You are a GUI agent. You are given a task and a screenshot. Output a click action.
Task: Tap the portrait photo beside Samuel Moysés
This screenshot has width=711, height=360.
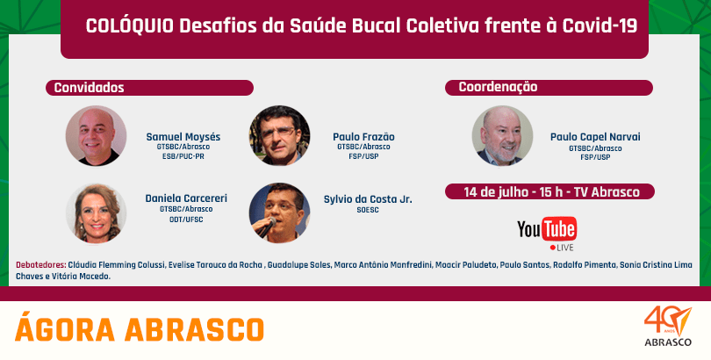(97, 136)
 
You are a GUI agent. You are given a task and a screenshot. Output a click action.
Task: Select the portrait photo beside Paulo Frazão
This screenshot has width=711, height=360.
(279, 136)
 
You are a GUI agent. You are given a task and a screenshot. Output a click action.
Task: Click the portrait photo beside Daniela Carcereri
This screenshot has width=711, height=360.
(97, 213)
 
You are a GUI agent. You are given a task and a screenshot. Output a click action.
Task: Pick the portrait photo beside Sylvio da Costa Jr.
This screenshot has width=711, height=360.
(279, 213)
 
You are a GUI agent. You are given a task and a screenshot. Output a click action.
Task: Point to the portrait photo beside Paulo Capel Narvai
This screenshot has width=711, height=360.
(502, 136)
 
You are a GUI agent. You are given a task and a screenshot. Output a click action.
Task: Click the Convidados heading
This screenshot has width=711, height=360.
(89, 88)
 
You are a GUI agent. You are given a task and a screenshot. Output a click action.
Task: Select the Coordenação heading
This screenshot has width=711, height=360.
(498, 87)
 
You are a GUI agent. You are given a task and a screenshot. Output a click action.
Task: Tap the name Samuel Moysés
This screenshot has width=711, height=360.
(183, 137)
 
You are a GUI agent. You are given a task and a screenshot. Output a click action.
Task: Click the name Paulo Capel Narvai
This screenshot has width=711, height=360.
(595, 137)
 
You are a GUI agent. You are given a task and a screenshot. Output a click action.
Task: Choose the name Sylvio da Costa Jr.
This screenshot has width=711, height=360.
(368, 199)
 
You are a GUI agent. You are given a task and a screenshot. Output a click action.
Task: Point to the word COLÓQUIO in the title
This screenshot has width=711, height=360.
(130, 26)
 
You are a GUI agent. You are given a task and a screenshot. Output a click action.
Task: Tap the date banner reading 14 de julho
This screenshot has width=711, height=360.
(549, 191)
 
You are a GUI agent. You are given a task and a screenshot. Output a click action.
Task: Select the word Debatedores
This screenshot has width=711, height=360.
(41, 265)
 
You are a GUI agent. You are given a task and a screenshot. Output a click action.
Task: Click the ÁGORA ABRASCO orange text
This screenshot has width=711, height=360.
(140, 329)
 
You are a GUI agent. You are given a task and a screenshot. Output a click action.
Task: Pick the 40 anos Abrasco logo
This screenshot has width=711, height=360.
(668, 327)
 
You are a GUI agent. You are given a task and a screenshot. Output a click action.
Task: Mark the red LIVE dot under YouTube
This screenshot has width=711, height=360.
(552, 248)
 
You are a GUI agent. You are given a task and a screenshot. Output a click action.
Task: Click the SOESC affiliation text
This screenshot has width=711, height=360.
(368, 211)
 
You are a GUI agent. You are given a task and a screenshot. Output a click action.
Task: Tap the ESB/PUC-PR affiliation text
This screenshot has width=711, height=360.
(183, 156)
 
